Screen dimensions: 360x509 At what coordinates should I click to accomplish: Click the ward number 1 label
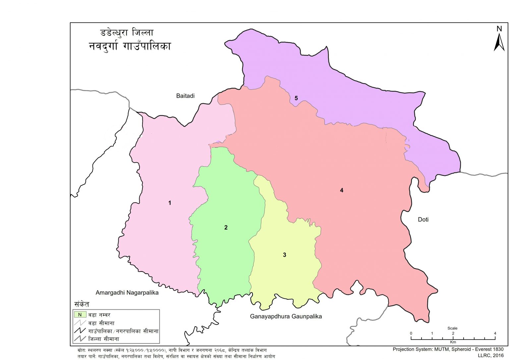coord(170,203)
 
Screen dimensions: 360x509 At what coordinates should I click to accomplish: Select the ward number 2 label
coord(226,228)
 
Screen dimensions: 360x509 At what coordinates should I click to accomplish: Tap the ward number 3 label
coord(284,255)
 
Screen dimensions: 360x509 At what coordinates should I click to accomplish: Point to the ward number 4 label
coord(341,190)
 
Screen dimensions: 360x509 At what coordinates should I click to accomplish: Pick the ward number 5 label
coord(296,98)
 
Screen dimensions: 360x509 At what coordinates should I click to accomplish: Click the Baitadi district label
coord(185,96)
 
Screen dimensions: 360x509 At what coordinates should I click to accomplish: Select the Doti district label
coord(423,219)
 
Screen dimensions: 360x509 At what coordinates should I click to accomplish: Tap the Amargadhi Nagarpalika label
coord(127,292)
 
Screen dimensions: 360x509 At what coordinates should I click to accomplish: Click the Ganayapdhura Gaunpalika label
coord(286,316)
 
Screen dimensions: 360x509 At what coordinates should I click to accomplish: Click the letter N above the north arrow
coord(499,29)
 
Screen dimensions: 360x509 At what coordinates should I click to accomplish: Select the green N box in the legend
coord(80,315)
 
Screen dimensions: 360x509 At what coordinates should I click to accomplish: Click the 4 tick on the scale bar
coord(495,334)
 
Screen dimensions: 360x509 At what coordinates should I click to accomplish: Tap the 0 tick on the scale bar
coord(411,334)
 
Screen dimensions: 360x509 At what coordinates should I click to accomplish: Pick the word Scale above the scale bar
coord(452,328)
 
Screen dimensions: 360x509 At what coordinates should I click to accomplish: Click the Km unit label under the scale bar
coord(453,342)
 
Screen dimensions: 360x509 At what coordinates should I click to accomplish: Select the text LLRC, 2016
coord(490,355)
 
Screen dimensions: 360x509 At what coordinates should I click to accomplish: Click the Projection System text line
coord(448,349)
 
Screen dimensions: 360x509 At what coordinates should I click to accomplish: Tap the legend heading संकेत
coord(82,304)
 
